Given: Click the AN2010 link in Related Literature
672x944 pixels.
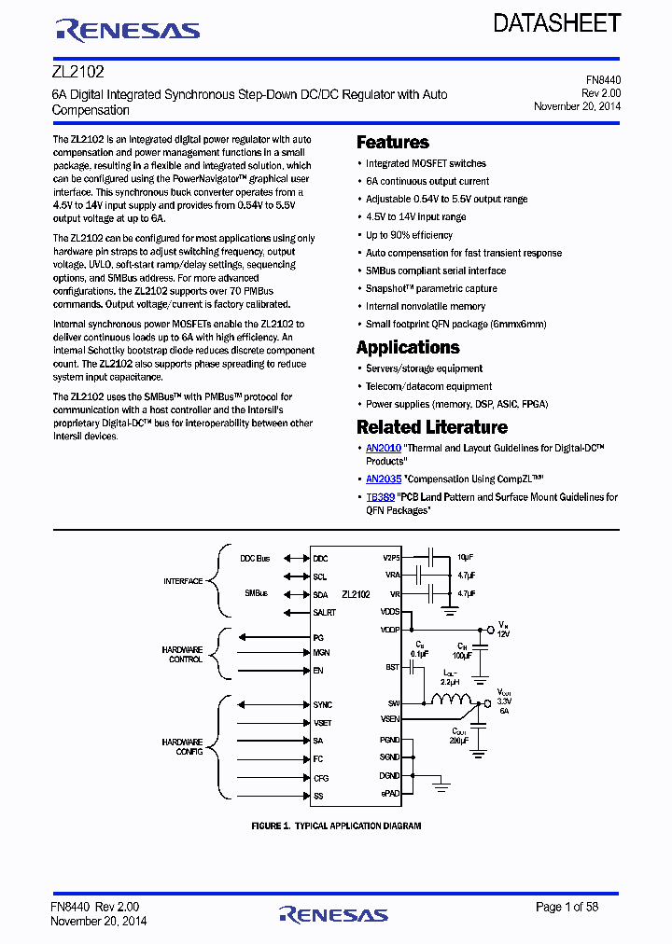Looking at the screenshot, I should (383, 449).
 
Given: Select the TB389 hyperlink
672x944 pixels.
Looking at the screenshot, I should (379, 497).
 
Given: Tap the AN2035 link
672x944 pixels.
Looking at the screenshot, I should (383, 479).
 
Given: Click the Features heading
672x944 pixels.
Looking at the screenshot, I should (393, 143).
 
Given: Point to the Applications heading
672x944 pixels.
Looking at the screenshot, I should (408, 347).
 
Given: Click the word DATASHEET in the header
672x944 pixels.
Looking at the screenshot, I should (556, 23).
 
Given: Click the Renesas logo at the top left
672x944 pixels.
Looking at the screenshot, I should (128, 30).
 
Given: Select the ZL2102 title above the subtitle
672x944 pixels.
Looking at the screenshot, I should (77, 70).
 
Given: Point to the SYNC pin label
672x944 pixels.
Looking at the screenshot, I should (322, 705).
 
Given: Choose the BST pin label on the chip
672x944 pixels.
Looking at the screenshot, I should (392, 667).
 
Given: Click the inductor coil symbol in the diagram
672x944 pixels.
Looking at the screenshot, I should (450, 701).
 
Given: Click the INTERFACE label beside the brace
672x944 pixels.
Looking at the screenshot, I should (183, 581).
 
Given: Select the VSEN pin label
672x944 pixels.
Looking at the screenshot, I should (390, 719).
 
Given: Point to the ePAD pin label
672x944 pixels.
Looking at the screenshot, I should (390, 793).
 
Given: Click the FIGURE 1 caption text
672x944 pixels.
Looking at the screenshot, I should (336, 826).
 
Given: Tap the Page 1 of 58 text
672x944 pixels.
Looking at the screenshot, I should (567, 907).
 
